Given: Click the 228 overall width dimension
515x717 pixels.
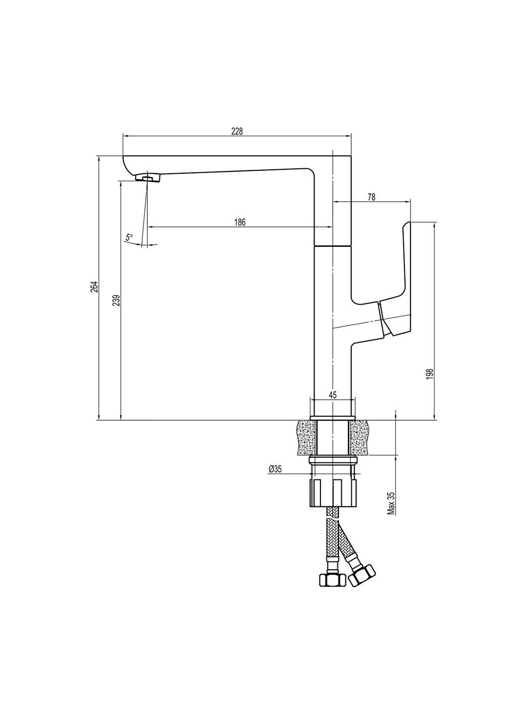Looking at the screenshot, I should [x=237, y=131].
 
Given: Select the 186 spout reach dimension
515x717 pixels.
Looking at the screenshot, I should [x=240, y=222].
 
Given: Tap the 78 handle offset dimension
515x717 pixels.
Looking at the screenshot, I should [x=371, y=197].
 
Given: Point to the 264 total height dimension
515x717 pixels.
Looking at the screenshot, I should [x=94, y=288].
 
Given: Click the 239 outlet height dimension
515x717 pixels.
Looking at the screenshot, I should [x=116, y=301].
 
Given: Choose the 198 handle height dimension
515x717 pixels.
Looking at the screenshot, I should [x=430, y=374].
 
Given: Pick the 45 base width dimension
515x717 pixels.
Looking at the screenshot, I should [x=333, y=395].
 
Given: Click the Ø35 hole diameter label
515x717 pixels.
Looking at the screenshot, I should [x=275, y=469].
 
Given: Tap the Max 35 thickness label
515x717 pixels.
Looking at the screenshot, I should [x=391, y=503].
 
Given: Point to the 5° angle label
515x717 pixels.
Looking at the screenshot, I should [x=129, y=238].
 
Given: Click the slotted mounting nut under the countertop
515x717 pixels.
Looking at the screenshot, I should [x=333, y=493].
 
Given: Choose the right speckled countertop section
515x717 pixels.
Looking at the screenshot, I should [x=361, y=437].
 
